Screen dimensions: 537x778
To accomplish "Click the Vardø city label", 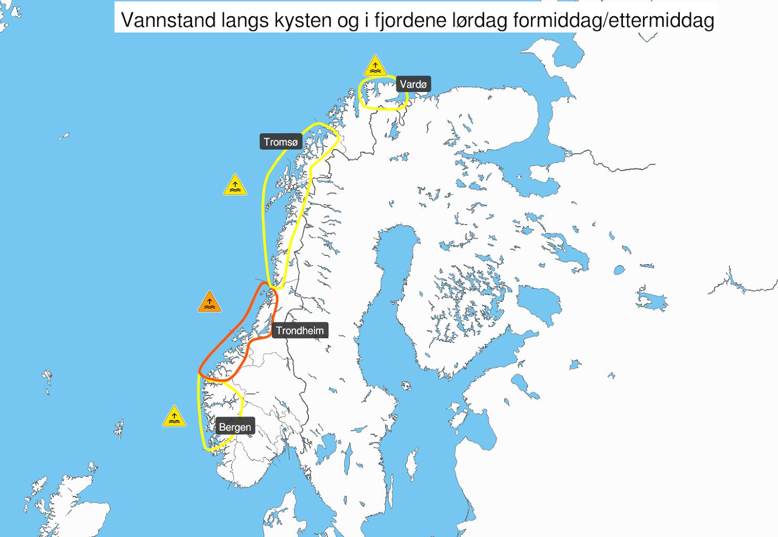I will (x=413, y=84).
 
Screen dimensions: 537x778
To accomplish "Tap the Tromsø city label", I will (x=281, y=142).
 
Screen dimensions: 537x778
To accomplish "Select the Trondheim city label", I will (x=299, y=330).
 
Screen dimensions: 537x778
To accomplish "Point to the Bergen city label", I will (x=235, y=427).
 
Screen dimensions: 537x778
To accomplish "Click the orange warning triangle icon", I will (x=210, y=302).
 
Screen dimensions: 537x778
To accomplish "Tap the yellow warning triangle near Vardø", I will (x=375, y=66).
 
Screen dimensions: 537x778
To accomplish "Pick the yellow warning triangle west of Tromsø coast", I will (x=235, y=185).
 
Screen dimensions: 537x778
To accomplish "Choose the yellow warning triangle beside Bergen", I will (x=174, y=417).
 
